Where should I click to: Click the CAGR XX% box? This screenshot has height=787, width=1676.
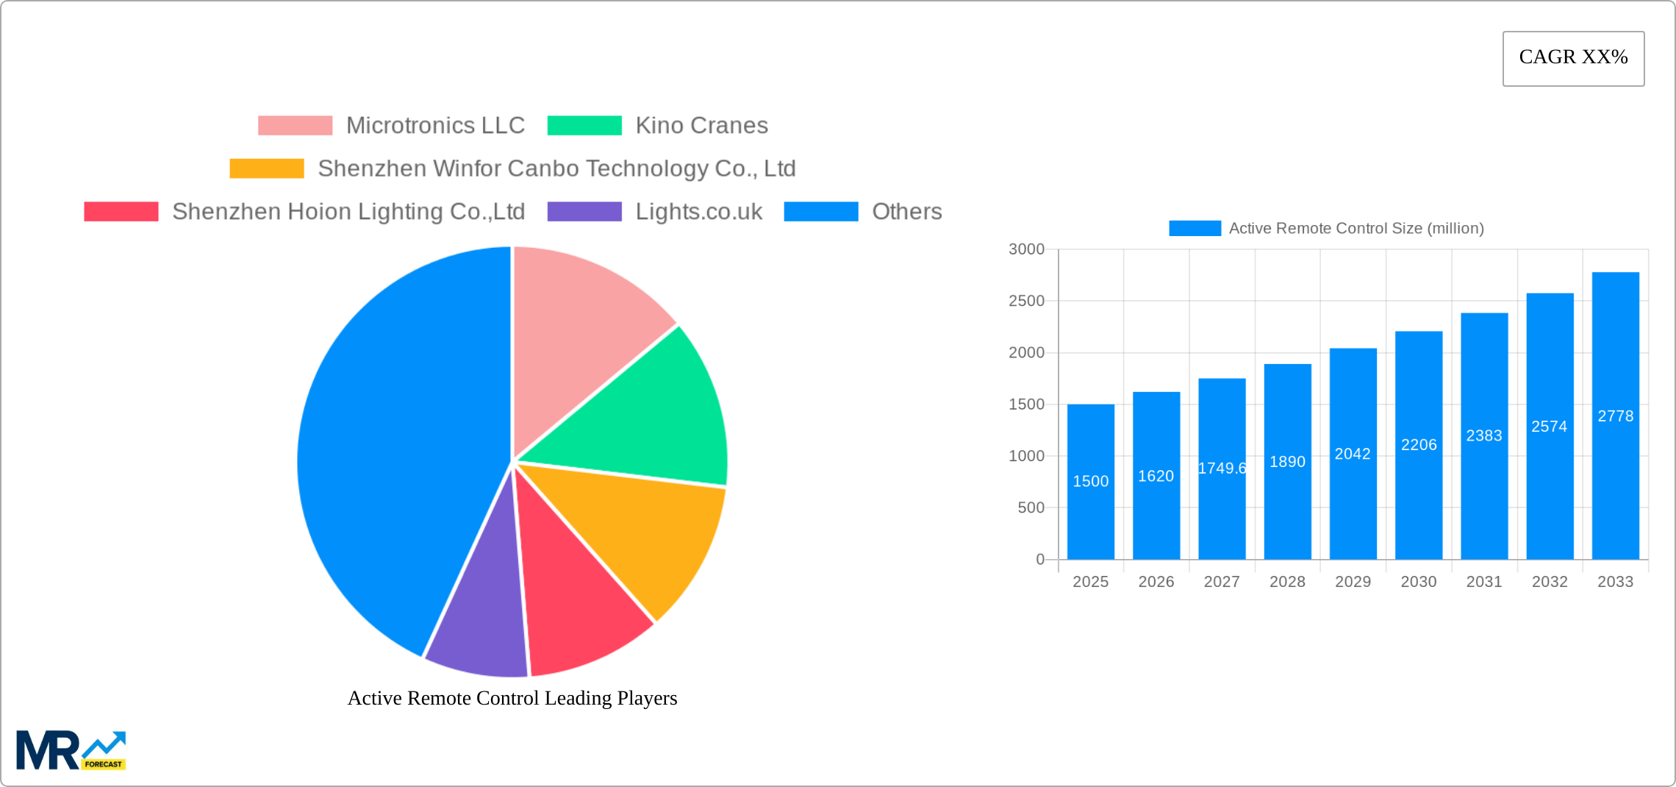coord(1573,58)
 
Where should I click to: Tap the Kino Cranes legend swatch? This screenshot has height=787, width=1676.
coord(584,126)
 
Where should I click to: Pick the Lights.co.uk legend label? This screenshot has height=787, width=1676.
coord(698,212)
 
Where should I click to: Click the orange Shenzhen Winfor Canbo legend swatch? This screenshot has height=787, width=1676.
coord(267,168)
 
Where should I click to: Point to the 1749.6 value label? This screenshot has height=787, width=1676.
coord(1222,469)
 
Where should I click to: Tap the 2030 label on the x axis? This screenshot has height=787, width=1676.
coord(1418,582)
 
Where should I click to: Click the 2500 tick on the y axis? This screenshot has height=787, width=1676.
coord(1026,301)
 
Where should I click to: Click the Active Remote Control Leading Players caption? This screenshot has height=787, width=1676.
coord(512,698)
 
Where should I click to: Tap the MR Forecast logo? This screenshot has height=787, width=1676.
coord(71,750)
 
